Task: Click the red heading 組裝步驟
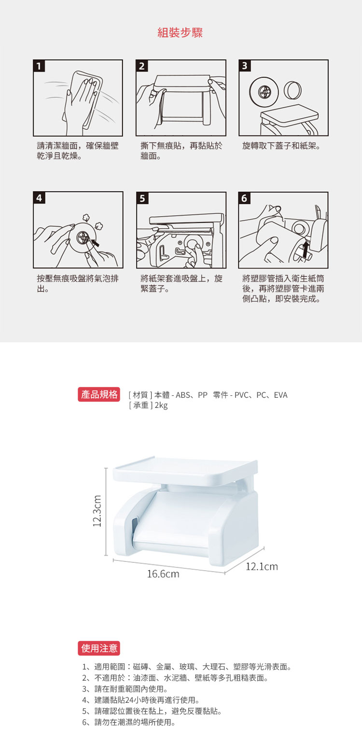180,33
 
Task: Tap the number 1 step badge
39,66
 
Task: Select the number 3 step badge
245,66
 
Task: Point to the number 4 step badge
39,198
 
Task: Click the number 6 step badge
244,198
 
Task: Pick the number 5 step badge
142,198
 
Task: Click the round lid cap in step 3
292,90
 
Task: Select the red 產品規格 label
99,394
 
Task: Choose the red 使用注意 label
99,648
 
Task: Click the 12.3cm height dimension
97,511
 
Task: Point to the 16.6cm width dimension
163,574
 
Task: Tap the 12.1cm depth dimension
262,567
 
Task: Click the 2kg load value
161,405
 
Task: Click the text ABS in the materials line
183,395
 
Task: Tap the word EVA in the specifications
280,395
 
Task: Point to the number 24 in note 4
129,700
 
